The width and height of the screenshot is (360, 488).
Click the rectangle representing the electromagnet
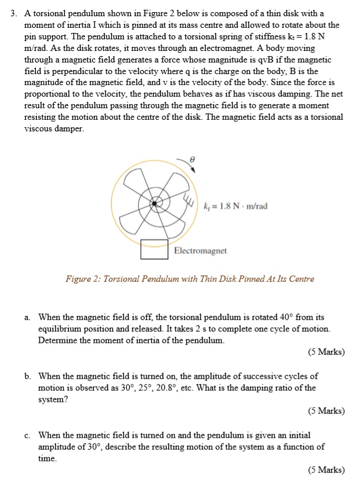[156, 250]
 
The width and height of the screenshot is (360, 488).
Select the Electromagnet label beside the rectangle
[200, 251]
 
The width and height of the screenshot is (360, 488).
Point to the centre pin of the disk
[155, 203]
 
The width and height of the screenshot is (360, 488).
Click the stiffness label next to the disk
[236, 206]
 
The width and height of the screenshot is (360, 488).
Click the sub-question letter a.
[27, 317]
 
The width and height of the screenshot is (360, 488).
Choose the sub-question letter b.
[27, 376]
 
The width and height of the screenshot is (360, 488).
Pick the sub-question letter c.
[27, 435]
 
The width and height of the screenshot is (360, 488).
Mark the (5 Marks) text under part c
[326, 470]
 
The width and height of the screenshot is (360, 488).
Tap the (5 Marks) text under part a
[326, 352]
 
